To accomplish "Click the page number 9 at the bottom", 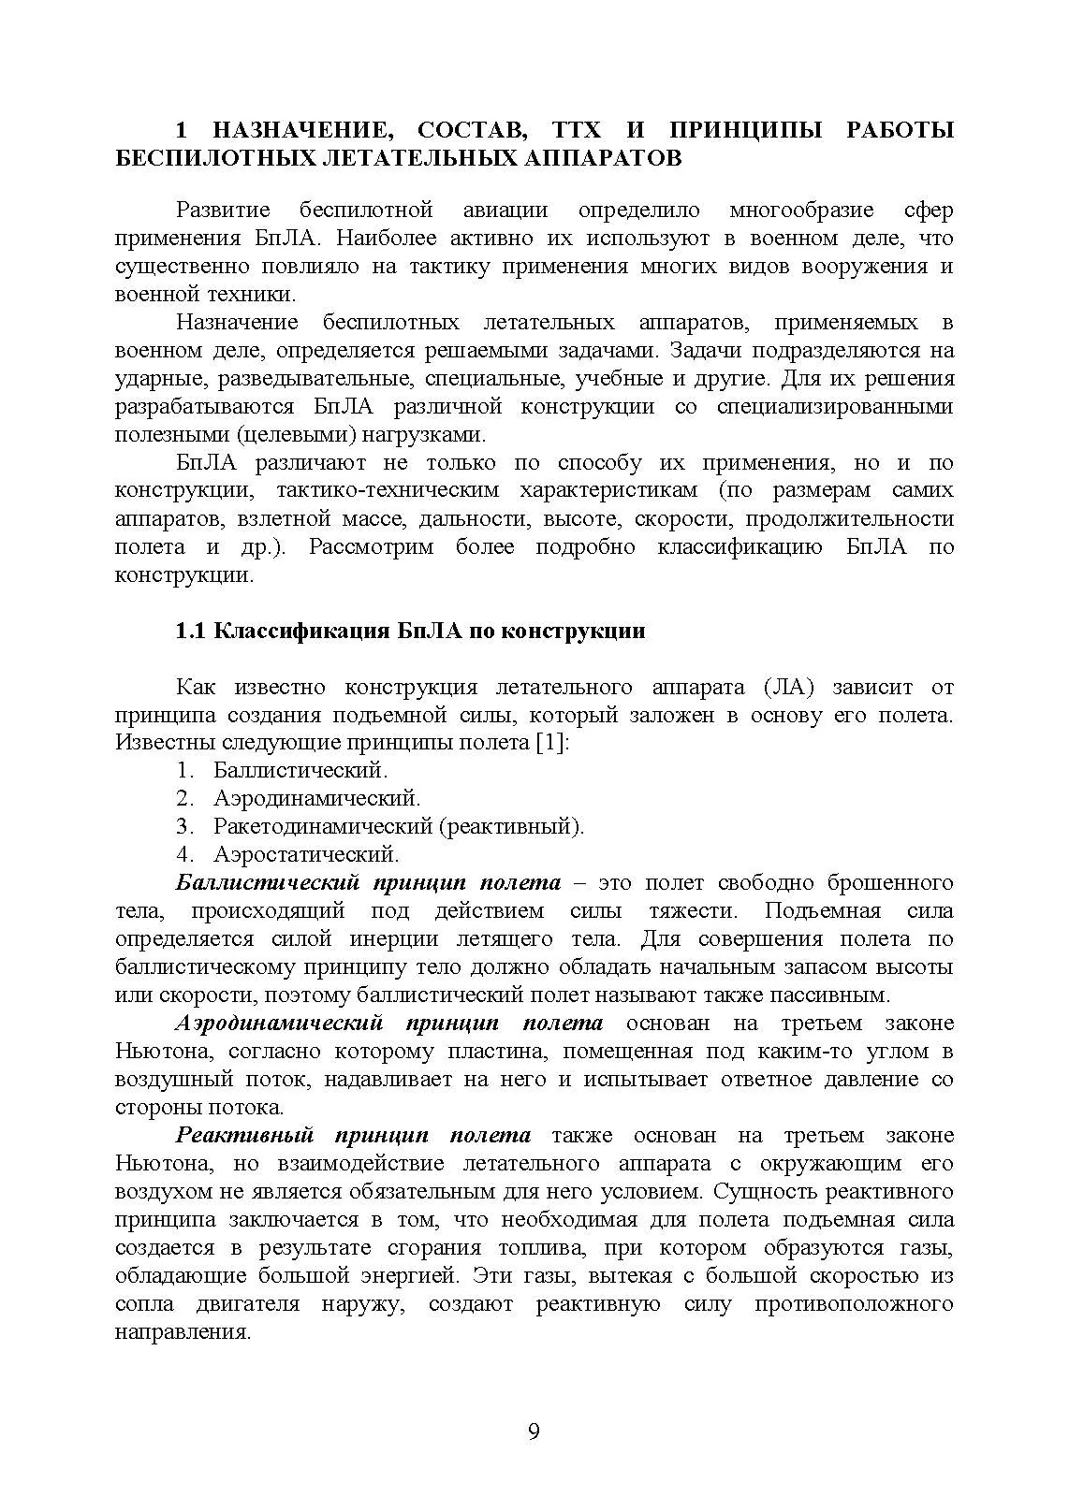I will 534,1432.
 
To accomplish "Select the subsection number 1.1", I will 191,631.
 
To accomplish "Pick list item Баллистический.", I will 300,771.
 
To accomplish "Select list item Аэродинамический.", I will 316,799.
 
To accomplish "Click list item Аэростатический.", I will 306,855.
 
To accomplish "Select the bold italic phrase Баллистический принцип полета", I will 368,883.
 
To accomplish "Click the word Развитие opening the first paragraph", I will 223,211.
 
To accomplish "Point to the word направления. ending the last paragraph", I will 183,1332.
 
